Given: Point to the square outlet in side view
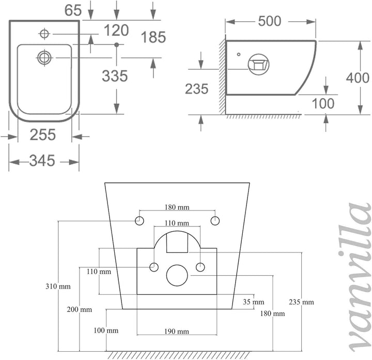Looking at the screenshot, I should point(258,64).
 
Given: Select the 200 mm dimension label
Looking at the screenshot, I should point(79,309).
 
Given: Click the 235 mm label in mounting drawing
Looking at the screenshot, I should point(301,302).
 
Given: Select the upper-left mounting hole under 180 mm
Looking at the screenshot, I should point(139,221).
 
